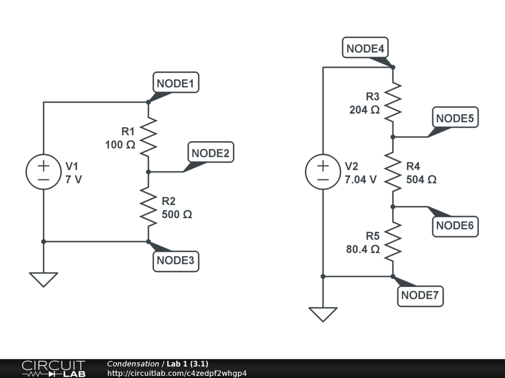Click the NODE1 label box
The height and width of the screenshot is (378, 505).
(x=175, y=84)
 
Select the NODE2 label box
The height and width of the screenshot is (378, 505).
(x=210, y=153)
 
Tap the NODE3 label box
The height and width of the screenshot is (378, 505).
(x=175, y=260)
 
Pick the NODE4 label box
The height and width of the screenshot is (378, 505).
(x=365, y=49)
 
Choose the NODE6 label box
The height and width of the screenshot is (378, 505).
(x=455, y=226)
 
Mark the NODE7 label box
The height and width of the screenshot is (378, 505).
(x=420, y=295)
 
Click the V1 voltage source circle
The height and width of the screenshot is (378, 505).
(x=43, y=172)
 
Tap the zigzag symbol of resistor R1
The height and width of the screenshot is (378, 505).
(x=148, y=137)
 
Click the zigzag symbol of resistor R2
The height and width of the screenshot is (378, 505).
(x=148, y=207)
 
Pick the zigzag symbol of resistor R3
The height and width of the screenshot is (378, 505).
(x=393, y=102)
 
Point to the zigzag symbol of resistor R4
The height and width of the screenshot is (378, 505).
(x=393, y=172)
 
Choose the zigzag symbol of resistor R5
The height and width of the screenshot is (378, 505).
(x=393, y=241)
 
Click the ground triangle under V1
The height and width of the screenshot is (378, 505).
(x=43, y=280)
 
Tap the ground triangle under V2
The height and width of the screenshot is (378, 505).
(x=323, y=314)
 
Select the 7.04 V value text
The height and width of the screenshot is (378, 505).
(x=361, y=180)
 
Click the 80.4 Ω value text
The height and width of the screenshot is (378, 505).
(x=362, y=250)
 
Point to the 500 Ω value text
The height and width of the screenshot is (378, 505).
(x=177, y=215)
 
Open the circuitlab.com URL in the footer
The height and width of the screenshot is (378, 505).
(x=177, y=373)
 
